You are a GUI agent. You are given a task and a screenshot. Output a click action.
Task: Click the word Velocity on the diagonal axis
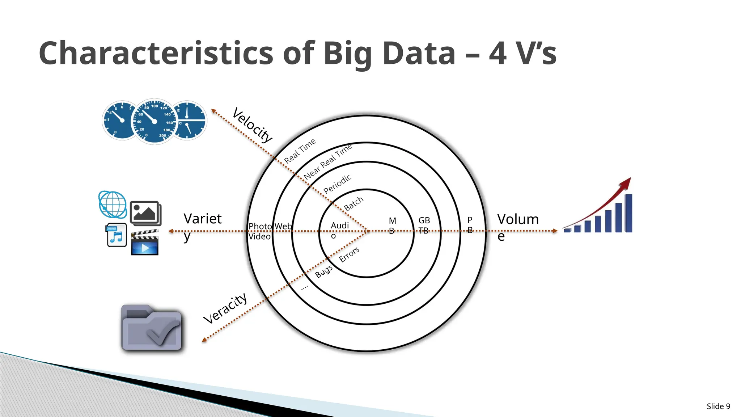(252, 125)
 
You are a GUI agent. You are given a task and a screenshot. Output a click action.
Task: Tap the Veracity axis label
(225, 308)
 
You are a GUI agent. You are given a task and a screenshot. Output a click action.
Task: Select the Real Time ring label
(300, 151)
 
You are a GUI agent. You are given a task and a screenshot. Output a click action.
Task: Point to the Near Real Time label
(328, 162)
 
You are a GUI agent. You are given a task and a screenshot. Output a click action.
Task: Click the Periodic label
(337, 184)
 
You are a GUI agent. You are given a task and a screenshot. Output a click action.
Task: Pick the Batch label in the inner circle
(353, 204)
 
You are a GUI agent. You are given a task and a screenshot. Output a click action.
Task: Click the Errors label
(349, 254)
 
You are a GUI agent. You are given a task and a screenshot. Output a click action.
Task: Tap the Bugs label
(323, 271)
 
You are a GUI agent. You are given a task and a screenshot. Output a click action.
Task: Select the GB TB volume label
(424, 225)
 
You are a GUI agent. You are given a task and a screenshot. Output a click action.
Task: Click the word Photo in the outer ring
(260, 226)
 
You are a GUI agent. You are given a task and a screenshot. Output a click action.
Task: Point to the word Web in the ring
(283, 226)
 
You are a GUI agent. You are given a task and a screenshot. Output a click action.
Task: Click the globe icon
(113, 205)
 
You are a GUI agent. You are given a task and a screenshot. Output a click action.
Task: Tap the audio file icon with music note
(117, 235)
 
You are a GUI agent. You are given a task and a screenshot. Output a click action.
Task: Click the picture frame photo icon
(145, 213)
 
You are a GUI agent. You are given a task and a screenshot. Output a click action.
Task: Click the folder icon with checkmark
(152, 328)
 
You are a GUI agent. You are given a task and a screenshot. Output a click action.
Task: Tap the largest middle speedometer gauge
(154, 121)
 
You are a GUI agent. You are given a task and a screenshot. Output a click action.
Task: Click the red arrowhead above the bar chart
(626, 183)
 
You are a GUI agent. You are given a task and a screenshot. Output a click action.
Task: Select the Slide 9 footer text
(718, 406)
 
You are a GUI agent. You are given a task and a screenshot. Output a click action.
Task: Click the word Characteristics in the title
(156, 53)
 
